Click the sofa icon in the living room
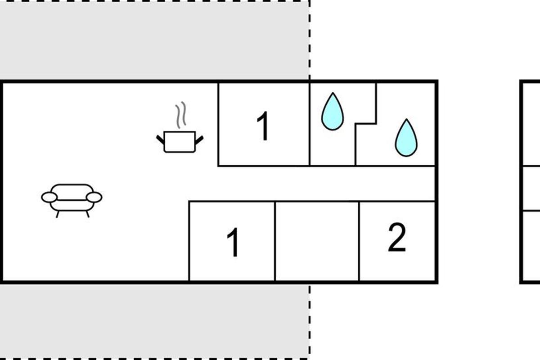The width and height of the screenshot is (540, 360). [72, 201]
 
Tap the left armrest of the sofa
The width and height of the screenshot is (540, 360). [49, 197]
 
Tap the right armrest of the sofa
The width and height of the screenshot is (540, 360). [94, 197]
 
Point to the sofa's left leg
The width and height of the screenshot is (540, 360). [58, 214]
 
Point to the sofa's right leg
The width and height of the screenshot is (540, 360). [88, 214]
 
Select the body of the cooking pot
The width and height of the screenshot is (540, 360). [180, 142]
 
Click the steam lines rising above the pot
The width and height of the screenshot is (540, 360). [181, 115]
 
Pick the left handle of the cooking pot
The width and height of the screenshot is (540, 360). [160, 139]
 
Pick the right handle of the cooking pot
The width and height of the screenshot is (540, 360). [199, 140]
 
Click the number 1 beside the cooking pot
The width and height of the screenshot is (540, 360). [263, 126]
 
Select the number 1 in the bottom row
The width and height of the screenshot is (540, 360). [234, 242]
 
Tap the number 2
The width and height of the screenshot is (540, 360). [397, 237]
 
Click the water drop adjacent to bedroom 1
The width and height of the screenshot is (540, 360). [333, 112]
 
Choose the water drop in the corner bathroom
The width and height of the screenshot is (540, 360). [406, 138]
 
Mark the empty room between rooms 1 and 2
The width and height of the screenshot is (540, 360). [317, 241]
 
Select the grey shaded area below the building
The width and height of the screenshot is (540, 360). [154, 321]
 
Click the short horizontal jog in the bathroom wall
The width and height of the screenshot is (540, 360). [366, 124]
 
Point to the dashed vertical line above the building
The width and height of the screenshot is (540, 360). [310, 40]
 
